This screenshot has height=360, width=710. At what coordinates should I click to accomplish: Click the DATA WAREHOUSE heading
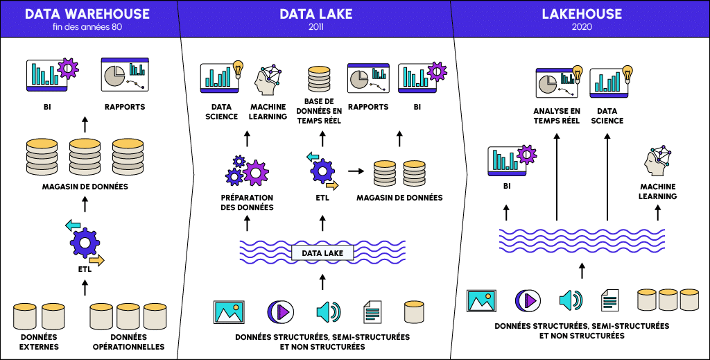pyautogui.click(x=87, y=13)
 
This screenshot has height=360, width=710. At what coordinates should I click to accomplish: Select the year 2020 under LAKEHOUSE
pyautogui.click(x=582, y=27)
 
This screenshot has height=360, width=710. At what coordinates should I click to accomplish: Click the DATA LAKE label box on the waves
pyautogui.click(x=322, y=253)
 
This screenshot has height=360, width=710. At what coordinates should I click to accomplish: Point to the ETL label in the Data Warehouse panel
pyautogui.click(x=85, y=269)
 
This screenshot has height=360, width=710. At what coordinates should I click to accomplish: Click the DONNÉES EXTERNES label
pyautogui.click(x=39, y=342)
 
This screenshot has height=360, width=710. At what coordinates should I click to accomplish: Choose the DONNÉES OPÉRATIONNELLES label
pyautogui.click(x=128, y=342)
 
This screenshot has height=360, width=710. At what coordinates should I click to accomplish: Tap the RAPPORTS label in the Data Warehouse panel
pyautogui.click(x=125, y=107)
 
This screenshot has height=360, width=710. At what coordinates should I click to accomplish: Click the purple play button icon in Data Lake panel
pyautogui.click(x=277, y=311)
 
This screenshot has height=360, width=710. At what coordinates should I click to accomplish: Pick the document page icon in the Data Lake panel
pyautogui.click(x=372, y=311)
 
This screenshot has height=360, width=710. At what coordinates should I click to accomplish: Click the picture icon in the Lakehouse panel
pyautogui.click(x=482, y=300)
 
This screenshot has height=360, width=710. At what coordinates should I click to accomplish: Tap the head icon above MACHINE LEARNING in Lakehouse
pyautogui.click(x=657, y=162)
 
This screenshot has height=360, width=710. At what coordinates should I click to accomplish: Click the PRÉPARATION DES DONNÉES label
pyautogui.click(x=247, y=203)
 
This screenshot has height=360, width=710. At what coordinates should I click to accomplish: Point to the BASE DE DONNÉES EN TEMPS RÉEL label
pyautogui.click(x=319, y=111)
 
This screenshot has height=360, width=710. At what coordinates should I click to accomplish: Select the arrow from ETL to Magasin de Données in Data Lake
pyautogui.click(x=356, y=169)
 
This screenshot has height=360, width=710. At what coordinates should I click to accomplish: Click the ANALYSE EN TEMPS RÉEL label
pyautogui.click(x=557, y=116)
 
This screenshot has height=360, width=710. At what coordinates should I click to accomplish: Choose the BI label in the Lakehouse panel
pyautogui.click(x=506, y=187)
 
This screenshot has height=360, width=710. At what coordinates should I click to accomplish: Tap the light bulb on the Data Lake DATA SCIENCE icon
pyautogui.click(x=238, y=68)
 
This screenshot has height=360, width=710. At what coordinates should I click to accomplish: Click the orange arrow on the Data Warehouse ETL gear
pyautogui.click(x=96, y=260)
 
